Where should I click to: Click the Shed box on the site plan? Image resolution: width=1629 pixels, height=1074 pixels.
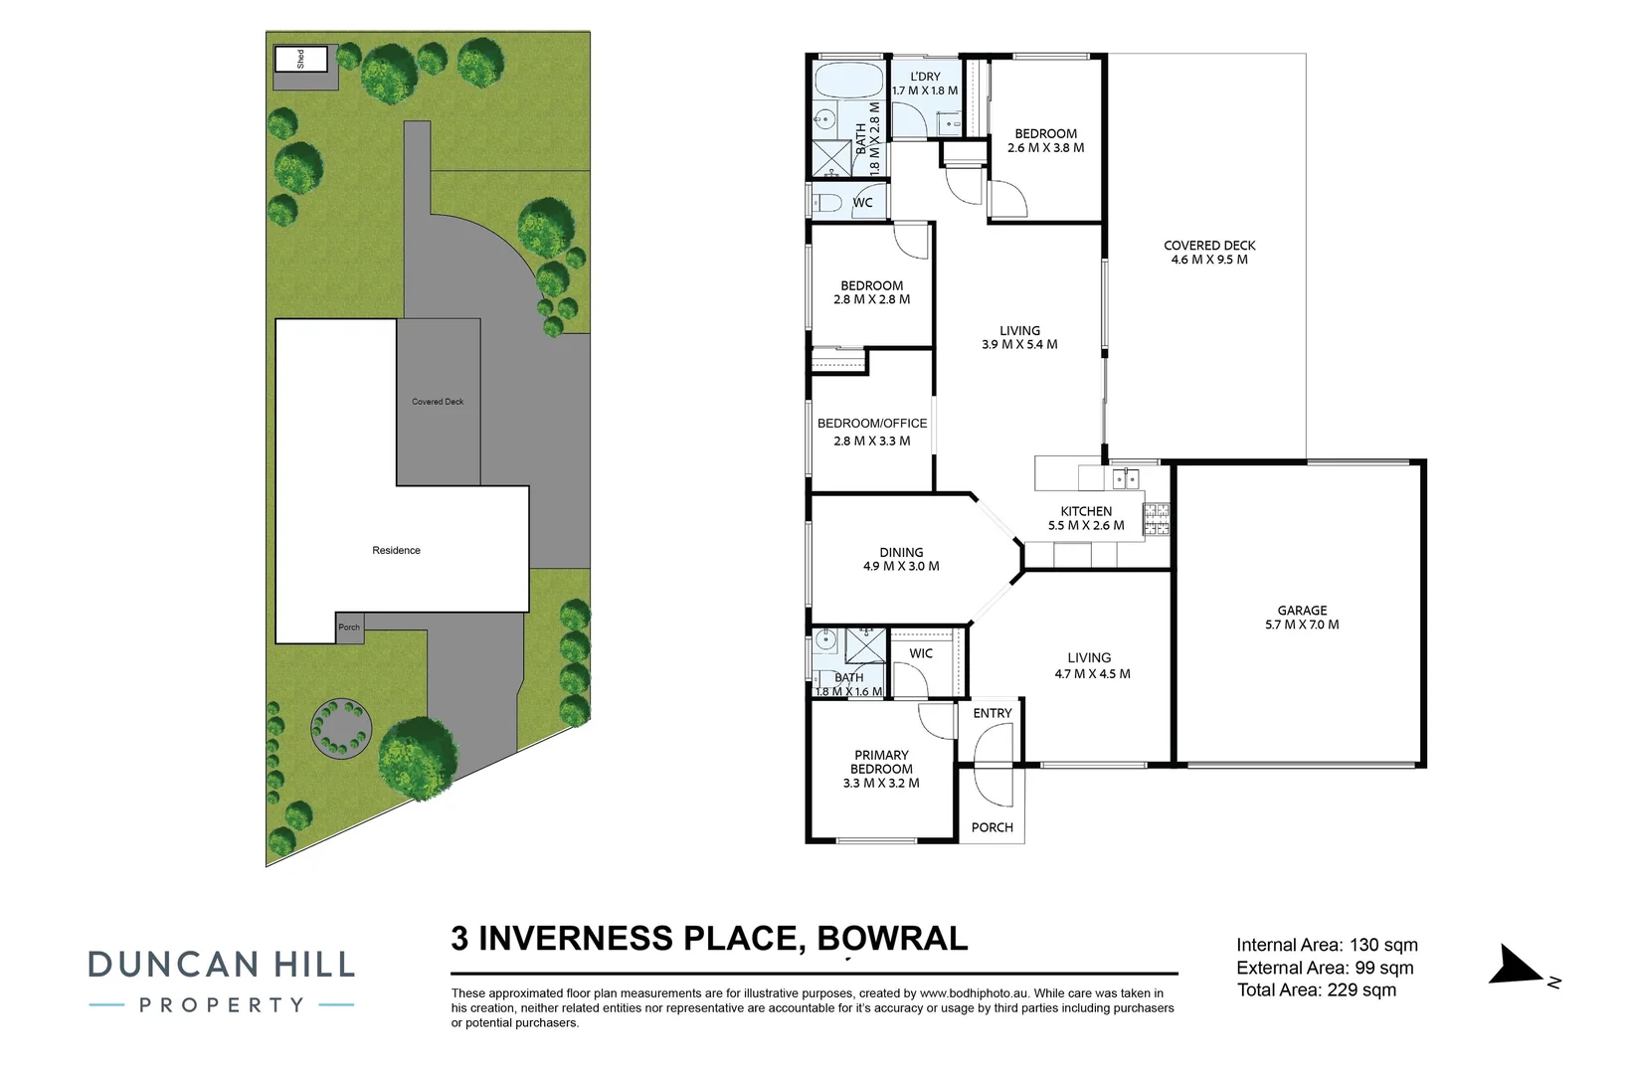pos(301,59)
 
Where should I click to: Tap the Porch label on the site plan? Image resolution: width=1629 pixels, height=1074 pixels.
pos(349,627)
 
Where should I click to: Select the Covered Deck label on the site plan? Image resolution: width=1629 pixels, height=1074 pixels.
pos(438,402)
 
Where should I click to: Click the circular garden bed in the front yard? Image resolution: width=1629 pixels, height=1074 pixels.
pos(341,728)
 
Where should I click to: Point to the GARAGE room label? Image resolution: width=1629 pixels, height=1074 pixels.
pos(1302,611)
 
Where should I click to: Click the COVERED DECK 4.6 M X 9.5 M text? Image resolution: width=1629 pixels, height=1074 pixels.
pos(1209,253)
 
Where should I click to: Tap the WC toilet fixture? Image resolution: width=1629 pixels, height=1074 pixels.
pos(825,203)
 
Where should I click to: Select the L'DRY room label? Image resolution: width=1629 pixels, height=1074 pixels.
pos(925,77)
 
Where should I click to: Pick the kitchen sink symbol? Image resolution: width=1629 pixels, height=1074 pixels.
pos(1125,479)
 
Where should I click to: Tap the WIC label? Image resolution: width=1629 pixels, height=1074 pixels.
pos(921,653)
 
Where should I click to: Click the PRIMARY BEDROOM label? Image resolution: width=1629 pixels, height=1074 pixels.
pos(881,762)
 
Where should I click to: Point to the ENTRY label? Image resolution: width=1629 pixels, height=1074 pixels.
pos(993,713)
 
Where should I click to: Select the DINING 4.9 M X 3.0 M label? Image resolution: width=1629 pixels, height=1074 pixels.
pos(901,559)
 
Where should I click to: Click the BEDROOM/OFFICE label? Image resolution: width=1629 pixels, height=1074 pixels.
pos(872,423)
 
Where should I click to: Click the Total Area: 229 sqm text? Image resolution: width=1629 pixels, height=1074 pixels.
pos(1316,989)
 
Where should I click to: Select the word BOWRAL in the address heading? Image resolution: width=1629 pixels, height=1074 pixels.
pos(892,938)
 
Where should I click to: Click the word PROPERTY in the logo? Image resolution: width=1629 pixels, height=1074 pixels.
pos(222,1005)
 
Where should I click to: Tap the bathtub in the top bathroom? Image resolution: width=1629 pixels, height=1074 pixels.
pos(848,80)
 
